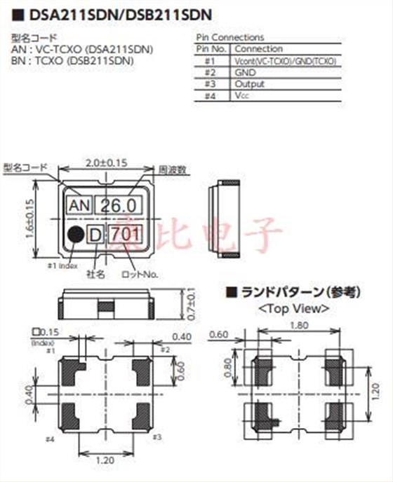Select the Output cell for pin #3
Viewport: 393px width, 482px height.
[249, 83]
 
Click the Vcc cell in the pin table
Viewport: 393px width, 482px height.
[242, 95]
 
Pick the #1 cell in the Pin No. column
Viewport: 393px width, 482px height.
[210, 61]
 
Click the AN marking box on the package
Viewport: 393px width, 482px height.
[79, 206]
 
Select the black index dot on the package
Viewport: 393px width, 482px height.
[75, 235]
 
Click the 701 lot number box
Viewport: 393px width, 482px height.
[127, 235]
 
